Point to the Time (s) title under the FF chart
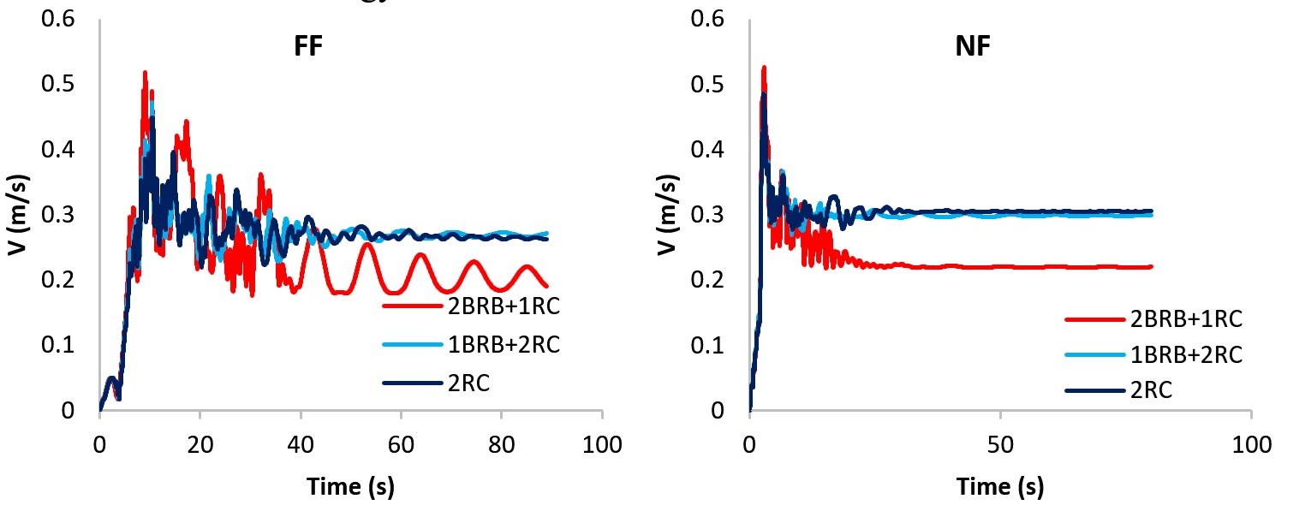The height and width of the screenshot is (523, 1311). click(351, 487)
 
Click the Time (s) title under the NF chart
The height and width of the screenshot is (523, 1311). click(1000, 487)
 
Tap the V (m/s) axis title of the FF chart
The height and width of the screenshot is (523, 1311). click(16, 215)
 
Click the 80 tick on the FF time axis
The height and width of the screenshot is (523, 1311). click(502, 445)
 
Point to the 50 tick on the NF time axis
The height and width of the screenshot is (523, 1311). click(1000, 445)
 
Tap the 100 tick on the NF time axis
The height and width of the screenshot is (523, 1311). click(1251, 445)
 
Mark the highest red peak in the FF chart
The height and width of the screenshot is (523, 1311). click(145, 74)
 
